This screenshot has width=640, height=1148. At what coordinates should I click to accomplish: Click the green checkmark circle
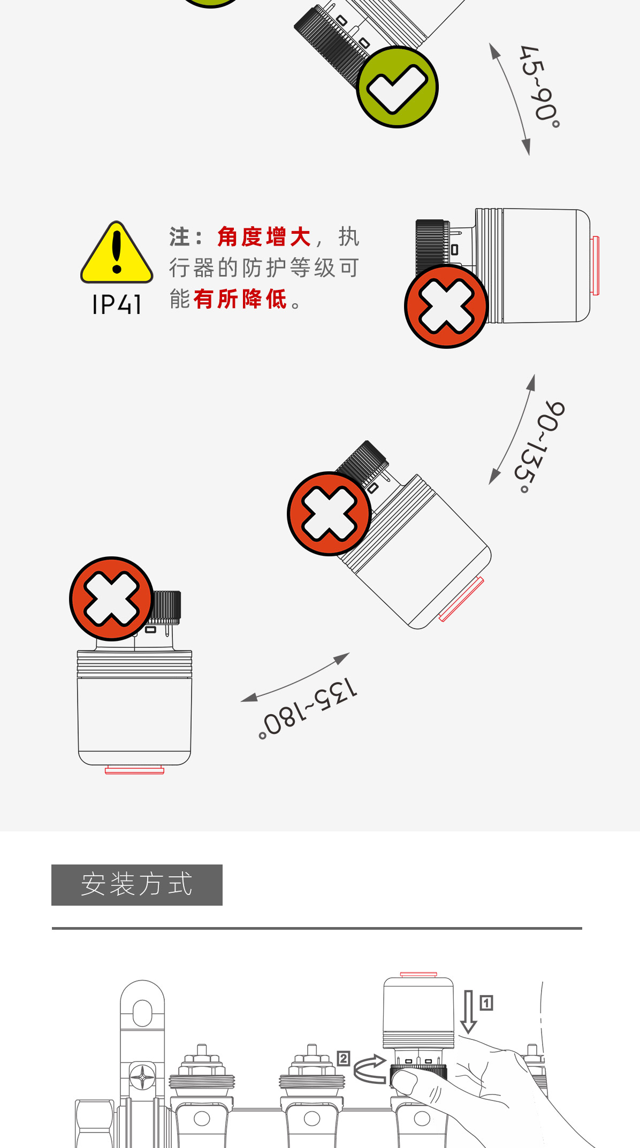397,87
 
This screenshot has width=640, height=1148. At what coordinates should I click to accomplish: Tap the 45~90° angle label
540,86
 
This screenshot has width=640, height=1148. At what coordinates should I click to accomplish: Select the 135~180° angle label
308,707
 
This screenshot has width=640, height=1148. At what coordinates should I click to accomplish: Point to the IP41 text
117,305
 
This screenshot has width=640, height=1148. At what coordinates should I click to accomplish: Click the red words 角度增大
264,237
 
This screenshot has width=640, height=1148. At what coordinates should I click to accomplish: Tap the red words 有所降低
240,299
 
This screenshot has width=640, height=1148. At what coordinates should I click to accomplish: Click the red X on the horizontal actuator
446,307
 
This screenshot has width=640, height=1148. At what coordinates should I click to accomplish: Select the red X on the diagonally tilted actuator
329,514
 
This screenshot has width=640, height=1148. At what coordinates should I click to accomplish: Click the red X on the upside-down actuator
111,599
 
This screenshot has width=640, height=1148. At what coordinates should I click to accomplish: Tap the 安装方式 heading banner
137,885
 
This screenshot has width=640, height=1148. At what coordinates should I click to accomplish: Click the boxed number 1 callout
486,1002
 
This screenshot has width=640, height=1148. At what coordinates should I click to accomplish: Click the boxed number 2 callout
344,1058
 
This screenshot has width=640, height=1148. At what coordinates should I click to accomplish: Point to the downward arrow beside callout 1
469,1011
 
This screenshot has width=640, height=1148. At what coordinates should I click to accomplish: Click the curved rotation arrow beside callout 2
370,1069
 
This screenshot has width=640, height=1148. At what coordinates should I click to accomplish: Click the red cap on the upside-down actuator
134,770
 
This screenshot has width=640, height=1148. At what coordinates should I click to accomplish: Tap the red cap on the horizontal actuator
595,265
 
